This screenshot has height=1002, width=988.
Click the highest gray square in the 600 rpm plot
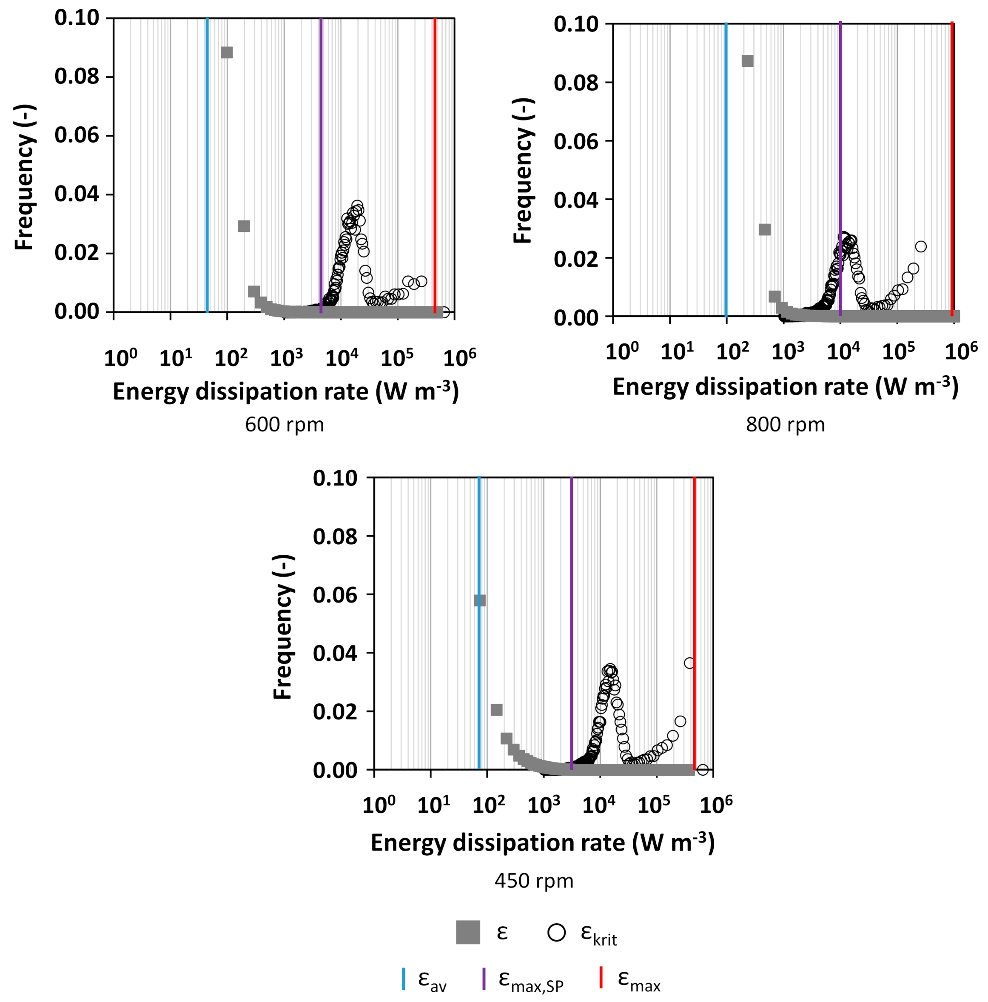[x=227, y=52]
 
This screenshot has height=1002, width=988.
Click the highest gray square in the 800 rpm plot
[x=747, y=61]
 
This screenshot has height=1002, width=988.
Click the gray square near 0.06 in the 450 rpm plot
[x=479, y=600]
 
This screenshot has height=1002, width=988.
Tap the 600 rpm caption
[x=284, y=425]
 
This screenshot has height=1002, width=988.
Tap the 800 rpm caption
[x=785, y=425]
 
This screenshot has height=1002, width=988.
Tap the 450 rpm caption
[x=534, y=881]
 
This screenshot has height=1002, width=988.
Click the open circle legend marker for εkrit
[x=556, y=932]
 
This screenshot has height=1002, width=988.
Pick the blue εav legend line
[x=404, y=978]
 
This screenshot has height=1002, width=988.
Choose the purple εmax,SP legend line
[x=484, y=978]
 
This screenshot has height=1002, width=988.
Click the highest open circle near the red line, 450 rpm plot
[x=689, y=663]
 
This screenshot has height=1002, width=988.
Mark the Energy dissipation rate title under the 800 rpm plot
[x=785, y=387]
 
